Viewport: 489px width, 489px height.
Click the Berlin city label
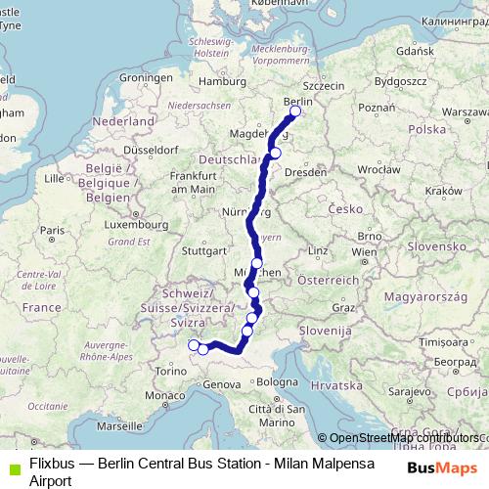296,100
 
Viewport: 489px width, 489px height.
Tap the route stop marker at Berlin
295,111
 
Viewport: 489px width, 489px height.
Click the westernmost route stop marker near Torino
192,344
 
